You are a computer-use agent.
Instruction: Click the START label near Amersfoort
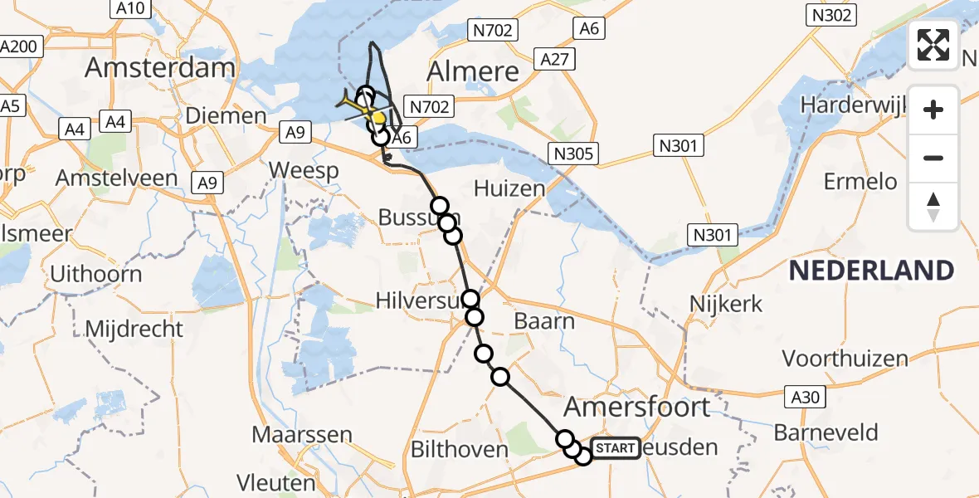click(616, 448)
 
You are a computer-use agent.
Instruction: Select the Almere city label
click(472, 71)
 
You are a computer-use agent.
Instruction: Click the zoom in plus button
click(933, 110)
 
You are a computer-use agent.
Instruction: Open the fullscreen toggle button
click(933, 45)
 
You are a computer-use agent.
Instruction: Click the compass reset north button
click(933, 207)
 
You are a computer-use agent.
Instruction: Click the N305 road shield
click(574, 153)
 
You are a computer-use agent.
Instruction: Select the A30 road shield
click(805, 398)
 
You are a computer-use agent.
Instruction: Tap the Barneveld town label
click(826, 432)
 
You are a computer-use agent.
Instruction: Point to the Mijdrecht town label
click(134, 329)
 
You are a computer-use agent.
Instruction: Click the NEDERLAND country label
click(870, 271)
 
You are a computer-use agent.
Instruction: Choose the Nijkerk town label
click(726, 304)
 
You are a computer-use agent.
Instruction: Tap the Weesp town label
click(304, 171)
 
